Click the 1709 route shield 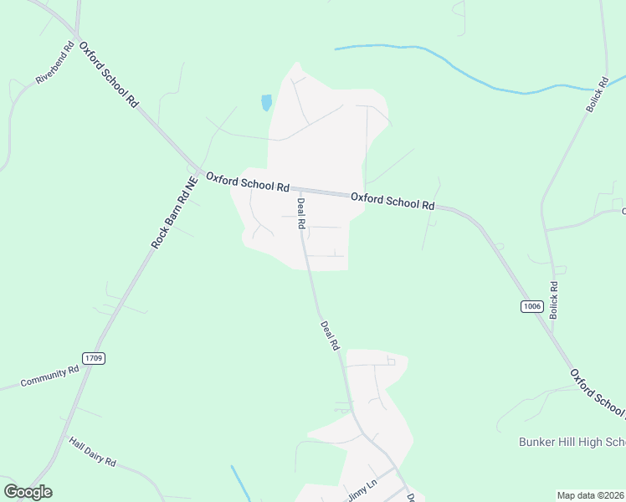tap(93, 358)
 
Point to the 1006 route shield tap(531, 306)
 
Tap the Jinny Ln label tap(362, 489)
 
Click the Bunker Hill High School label tap(572, 441)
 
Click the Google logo tap(28, 492)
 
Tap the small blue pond tap(266, 103)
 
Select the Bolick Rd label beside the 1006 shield tap(553, 300)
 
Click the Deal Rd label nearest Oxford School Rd tap(300, 211)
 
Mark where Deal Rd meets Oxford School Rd tap(300, 189)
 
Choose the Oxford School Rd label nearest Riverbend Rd tap(108, 75)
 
